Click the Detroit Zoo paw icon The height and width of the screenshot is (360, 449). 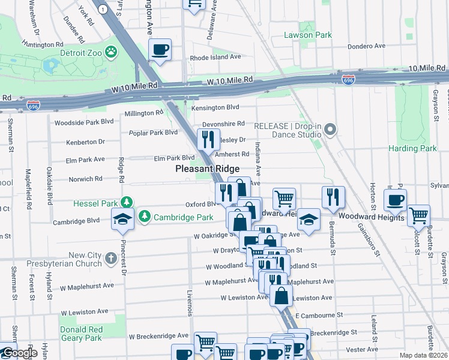(112, 52)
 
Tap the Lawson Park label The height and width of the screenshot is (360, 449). (307, 35)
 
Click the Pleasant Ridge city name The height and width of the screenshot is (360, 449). (207, 169)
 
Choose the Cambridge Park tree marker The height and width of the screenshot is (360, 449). (144, 216)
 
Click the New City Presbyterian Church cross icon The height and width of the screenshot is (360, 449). (110, 259)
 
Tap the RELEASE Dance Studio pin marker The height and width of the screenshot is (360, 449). (329, 130)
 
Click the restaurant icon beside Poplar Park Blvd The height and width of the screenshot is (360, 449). (208, 139)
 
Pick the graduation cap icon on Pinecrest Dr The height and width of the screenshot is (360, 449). (122, 219)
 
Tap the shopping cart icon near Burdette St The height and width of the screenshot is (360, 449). (418, 215)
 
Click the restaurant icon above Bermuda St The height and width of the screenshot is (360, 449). (333, 196)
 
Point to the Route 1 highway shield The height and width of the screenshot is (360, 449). (104, 10)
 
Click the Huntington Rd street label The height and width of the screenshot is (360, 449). (42, 44)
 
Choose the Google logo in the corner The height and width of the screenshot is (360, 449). (19, 353)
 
